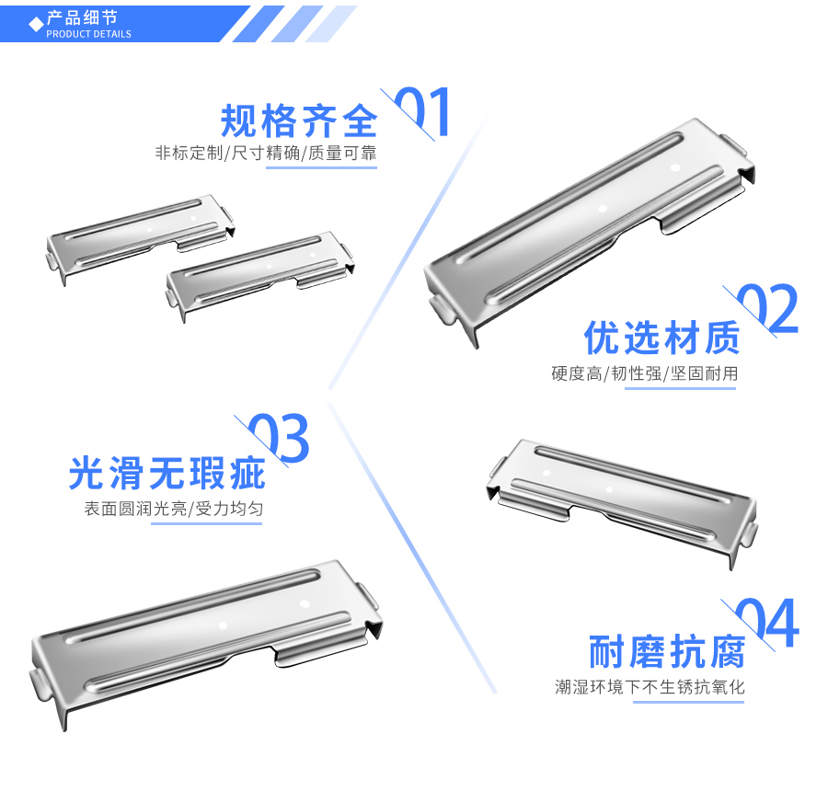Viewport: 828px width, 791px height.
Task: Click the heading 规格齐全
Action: point(299,120)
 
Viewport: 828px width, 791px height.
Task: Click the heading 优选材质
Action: point(661,338)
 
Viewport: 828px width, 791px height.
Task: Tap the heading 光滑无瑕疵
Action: point(167,473)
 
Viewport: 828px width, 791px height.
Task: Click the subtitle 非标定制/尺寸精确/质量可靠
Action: point(266,153)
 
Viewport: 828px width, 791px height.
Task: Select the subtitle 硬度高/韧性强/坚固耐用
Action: point(644,373)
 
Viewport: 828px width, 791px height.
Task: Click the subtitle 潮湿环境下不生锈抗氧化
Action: point(650,687)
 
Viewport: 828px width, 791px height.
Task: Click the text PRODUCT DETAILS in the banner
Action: point(88,34)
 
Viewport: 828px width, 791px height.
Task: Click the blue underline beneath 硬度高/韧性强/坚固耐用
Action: point(680,388)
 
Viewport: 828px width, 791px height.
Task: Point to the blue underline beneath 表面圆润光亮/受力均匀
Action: point(206,523)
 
